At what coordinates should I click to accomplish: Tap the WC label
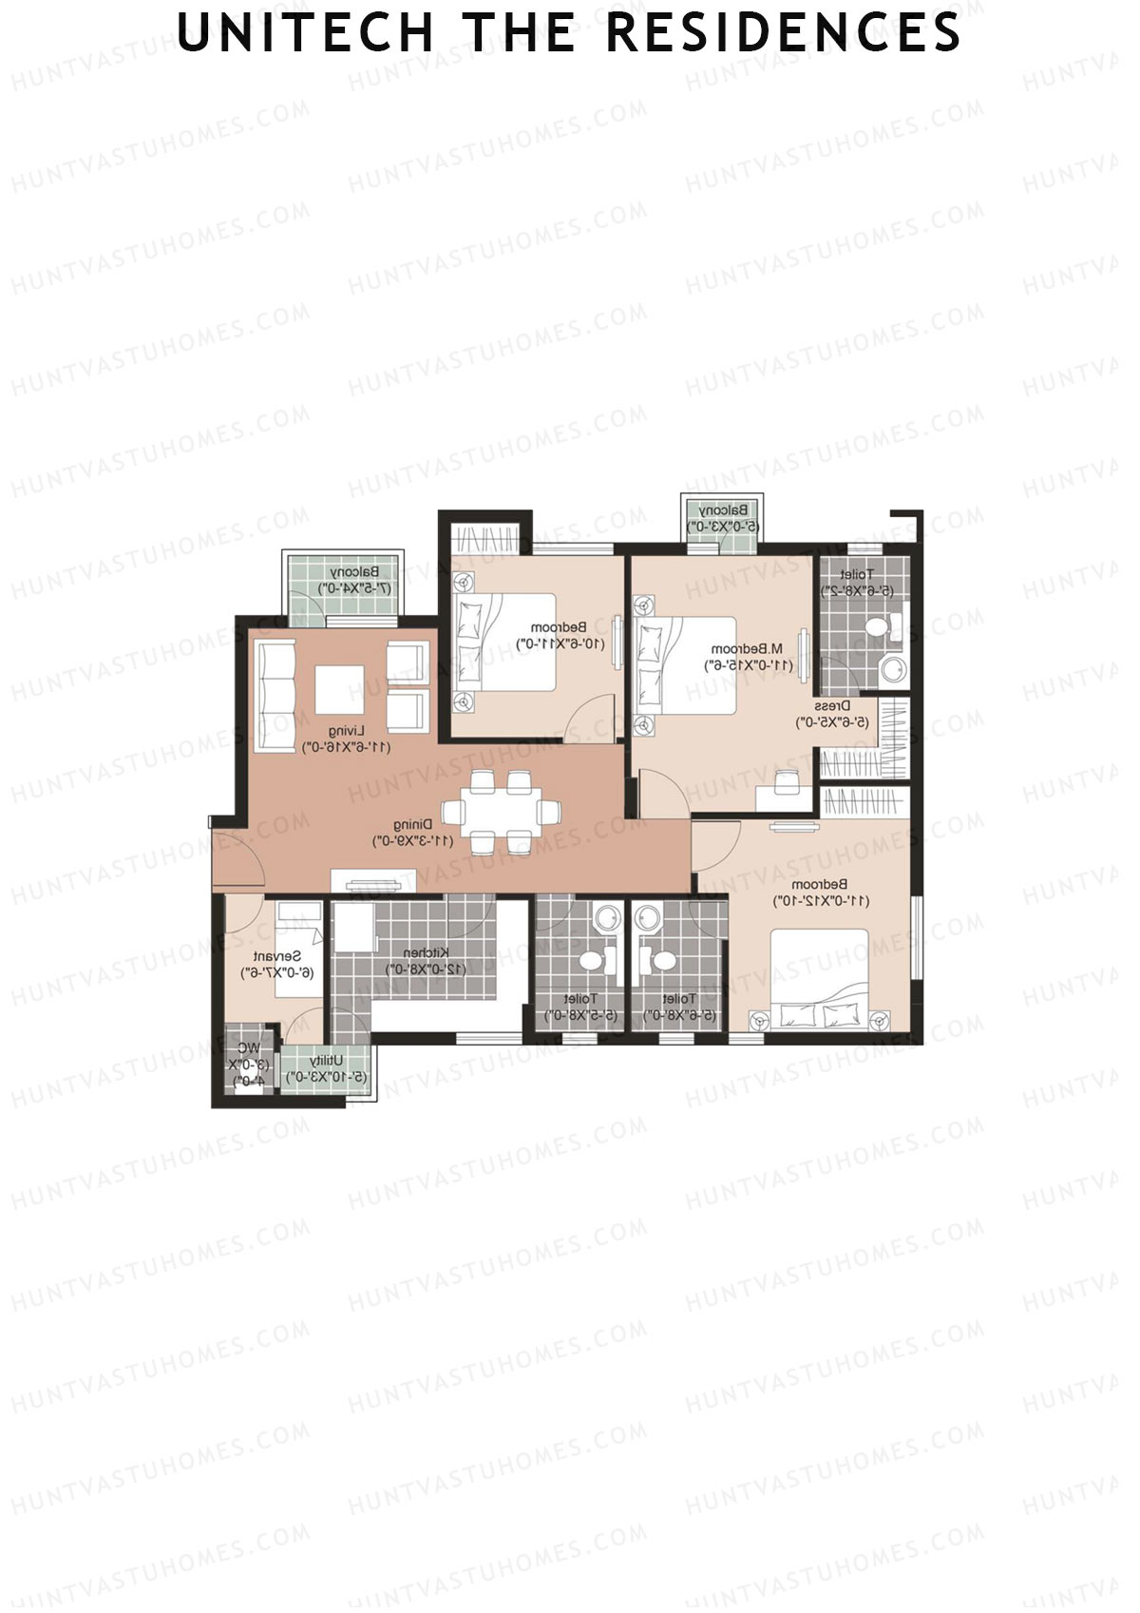249,1048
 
